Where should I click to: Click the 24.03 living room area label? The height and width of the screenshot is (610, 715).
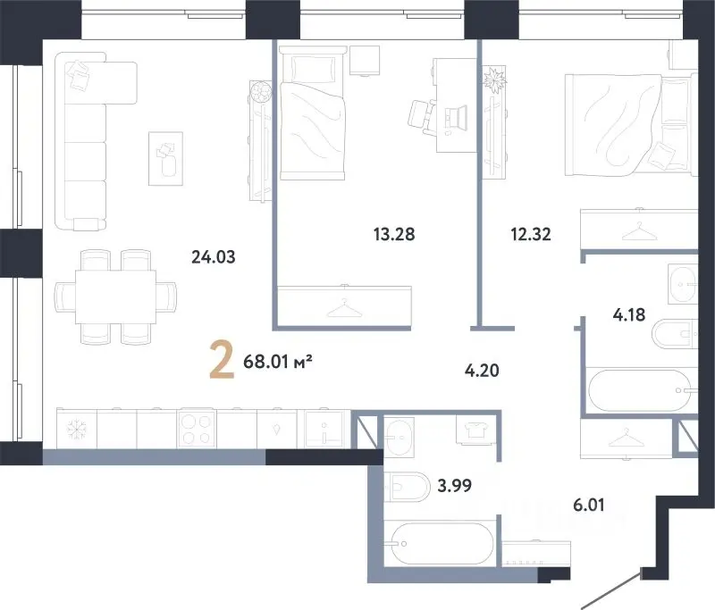pyautogui.click(x=214, y=257)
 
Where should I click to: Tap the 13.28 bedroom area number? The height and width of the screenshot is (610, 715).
pyautogui.click(x=394, y=234)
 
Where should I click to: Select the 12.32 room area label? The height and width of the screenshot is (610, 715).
pyautogui.click(x=531, y=234)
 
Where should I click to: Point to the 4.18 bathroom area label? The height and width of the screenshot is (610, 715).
pyautogui.click(x=629, y=314)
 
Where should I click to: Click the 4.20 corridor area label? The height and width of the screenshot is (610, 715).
pyautogui.click(x=482, y=371)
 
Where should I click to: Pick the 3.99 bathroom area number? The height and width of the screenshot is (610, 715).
pyautogui.click(x=454, y=486)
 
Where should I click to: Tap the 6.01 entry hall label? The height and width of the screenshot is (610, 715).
pyautogui.click(x=589, y=505)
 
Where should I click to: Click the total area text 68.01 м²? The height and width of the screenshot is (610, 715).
pyautogui.click(x=278, y=362)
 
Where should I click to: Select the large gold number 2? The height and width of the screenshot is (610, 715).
pyautogui.click(x=222, y=362)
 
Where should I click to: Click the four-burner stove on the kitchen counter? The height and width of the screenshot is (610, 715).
pyautogui.click(x=197, y=428)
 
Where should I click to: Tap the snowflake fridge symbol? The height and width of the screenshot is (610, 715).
pyautogui.click(x=76, y=429)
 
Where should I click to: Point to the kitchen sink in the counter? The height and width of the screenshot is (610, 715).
pyautogui.click(x=324, y=428)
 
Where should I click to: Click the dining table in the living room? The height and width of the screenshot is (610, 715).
pyautogui.click(x=115, y=297)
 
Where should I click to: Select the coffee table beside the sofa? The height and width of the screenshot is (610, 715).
pyautogui.click(x=166, y=159)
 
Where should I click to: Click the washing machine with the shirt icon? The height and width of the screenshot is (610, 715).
pyautogui.click(x=476, y=430)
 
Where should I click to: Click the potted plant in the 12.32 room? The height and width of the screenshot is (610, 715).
pyautogui.click(x=495, y=80)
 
